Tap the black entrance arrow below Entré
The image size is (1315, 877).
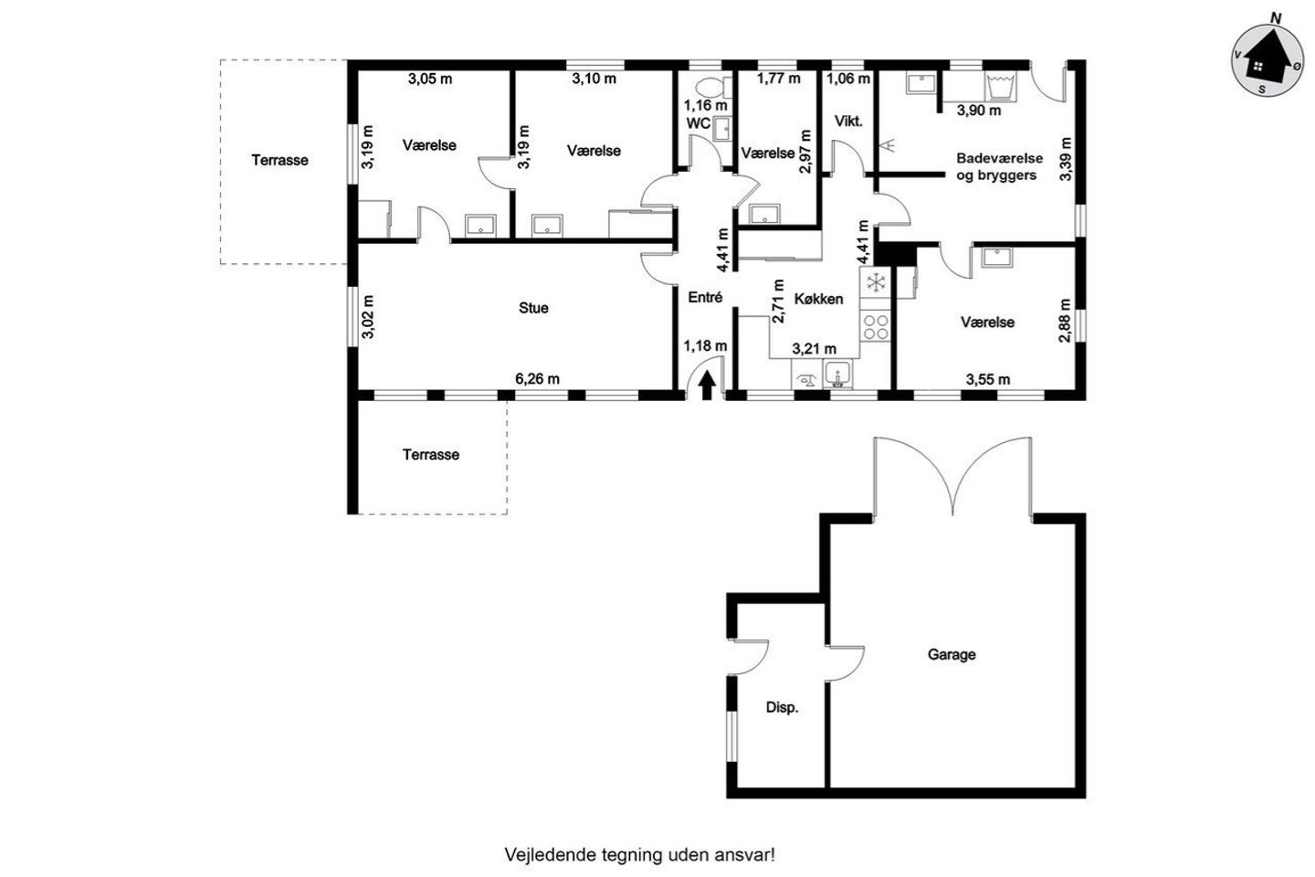coord(708,386)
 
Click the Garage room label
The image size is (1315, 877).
coord(952,654)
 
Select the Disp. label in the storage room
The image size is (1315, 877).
coord(782,708)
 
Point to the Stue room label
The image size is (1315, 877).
coord(533,308)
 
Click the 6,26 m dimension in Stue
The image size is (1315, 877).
coord(537,379)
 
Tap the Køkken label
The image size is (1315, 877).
coord(818,299)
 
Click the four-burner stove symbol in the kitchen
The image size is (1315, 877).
coord(875,327)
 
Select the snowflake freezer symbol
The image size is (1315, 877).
coord(876,282)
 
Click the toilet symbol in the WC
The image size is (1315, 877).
coord(710,88)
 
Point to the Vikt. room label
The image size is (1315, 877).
coord(848,122)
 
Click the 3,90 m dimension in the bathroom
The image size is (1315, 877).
coord(979,111)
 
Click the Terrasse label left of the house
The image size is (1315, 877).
coord(280,160)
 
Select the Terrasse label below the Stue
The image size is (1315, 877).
coord(431,455)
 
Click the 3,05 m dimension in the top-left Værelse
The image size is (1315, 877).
coord(430,79)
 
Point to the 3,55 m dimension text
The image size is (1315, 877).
coord(988,379)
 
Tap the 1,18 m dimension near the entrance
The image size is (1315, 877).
coord(705,346)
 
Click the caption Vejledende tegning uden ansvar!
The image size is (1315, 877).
coord(639,855)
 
